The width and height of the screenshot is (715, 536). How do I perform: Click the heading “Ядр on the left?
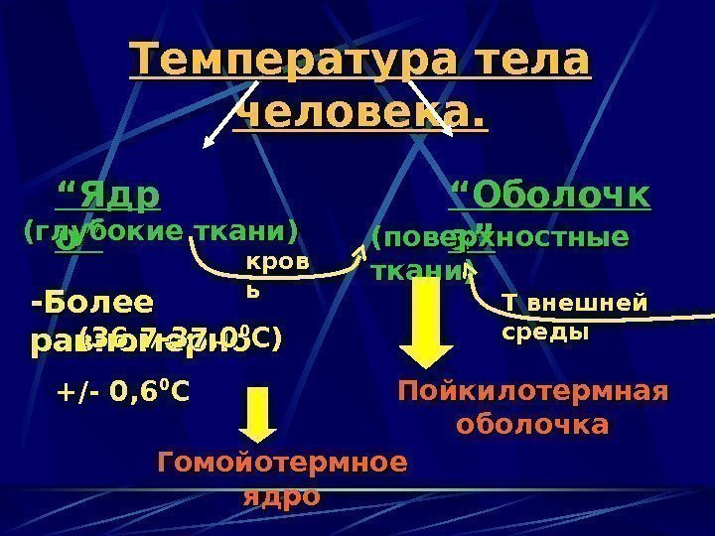pos(108,193)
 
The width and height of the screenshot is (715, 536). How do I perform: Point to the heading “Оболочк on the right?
pos(551,195)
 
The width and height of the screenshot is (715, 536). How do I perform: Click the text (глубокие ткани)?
pos(160,232)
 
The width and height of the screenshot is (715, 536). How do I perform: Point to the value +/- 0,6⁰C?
pos(123,395)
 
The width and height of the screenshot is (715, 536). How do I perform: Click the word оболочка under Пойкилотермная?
pos(532,425)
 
